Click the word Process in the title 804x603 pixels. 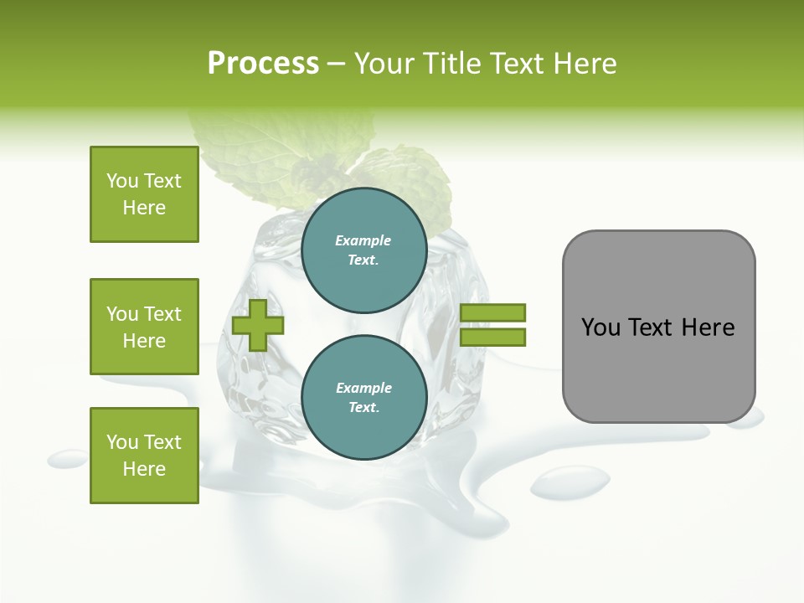point(263,64)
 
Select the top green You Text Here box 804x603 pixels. point(144,194)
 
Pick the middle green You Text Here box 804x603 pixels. point(144,327)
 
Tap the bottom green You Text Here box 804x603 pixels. point(144,456)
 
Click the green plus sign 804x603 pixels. point(258,325)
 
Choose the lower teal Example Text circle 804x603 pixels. point(363,397)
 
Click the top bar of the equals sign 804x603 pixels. point(492,312)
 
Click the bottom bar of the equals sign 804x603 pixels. point(492,337)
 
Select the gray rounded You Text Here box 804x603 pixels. point(658,326)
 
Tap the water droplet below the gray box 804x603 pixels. point(570,482)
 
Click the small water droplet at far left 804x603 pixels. point(67,458)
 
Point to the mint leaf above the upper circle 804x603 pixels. point(402,180)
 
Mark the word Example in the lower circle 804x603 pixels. point(363,388)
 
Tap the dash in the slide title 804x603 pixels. point(336,64)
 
